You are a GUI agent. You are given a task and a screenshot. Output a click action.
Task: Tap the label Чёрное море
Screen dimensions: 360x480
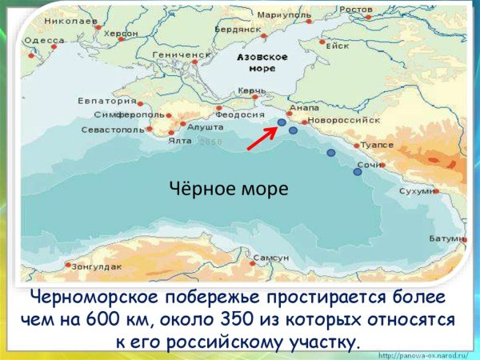(x=228, y=189)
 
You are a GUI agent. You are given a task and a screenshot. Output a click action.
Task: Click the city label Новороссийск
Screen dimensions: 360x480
(x=343, y=119)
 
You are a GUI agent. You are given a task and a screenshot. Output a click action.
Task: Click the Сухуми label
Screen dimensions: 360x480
(x=417, y=192)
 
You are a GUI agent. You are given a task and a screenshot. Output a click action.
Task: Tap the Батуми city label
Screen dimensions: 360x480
(x=446, y=238)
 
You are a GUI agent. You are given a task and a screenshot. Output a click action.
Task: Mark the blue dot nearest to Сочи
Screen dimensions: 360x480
(x=358, y=171)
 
